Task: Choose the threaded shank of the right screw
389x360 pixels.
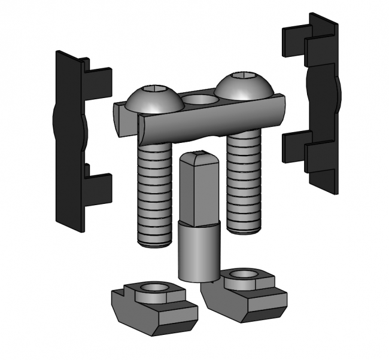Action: click(x=244, y=179)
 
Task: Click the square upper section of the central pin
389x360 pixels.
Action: click(x=197, y=188)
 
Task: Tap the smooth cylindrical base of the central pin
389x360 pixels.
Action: click(x=199, y=251)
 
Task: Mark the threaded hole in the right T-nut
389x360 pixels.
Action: click(x=244, y=274)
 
